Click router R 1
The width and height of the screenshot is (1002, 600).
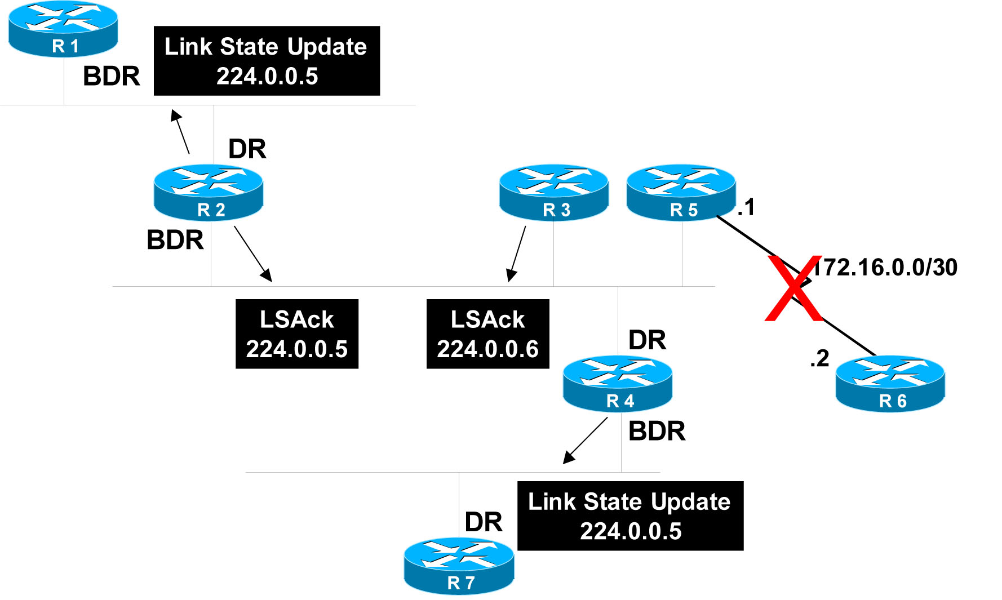click(x=63, y=29)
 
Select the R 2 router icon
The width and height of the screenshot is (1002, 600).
click(x=209, y=192)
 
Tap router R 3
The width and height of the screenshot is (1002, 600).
click(x=554, y=192)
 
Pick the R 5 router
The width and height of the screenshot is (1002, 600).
click(x=681, y=192)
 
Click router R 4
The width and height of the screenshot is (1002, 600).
click(x=618, y=383)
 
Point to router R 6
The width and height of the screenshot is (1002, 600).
click(x=890, y=383)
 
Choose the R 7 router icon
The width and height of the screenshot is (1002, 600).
click(x=459, y=566)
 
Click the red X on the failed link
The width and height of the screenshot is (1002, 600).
click(x=793, y=288)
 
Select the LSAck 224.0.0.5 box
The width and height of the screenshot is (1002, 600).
click(x=297, y=334)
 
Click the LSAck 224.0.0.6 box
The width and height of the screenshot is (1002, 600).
click(x=488, y=334)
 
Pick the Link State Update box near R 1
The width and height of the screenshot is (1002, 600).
click(x=267, y=61)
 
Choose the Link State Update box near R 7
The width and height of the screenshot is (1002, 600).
click(x=630, y=516)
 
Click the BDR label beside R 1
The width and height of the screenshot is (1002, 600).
click(x=112, y=76)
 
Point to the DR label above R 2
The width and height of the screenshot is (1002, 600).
click(x=247, y=149)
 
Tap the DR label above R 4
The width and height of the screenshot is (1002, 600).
click(x=647, y=340)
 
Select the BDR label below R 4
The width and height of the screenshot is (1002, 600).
click(x=657, y=432)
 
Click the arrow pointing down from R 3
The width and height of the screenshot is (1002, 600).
click(x=517, y=254)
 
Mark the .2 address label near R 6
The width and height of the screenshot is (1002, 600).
click(x=819, y=358)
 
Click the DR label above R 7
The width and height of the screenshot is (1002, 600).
click(x=484, y=522)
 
